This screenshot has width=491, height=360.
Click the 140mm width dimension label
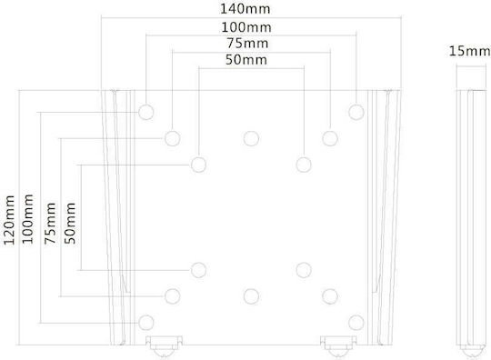245,9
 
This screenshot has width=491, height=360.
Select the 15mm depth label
470,51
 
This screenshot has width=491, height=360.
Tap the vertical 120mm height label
9,220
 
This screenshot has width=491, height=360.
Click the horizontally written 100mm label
246,27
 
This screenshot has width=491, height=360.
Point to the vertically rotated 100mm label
27,219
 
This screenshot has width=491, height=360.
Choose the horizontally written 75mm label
247,44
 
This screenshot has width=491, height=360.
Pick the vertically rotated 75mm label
50,224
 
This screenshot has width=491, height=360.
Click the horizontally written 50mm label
246,59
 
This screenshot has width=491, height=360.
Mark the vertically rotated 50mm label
70,224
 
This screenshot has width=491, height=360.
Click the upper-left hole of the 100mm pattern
145,112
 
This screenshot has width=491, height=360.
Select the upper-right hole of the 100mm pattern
356,112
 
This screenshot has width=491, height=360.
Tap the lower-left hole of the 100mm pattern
145,323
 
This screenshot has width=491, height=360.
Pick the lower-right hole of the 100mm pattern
356,323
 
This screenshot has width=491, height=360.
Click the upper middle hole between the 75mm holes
251,138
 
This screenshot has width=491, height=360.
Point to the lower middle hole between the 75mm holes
251,296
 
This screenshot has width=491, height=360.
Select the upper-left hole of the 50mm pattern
198,165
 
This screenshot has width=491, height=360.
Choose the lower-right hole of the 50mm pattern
304,270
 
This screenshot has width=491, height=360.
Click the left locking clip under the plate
164,346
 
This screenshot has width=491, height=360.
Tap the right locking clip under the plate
338,346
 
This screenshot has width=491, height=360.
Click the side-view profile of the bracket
470,223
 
